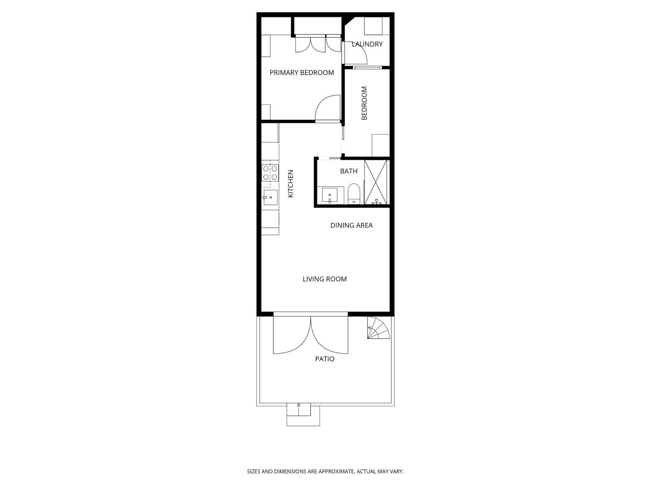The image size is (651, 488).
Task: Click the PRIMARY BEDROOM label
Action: [x=301, y=73]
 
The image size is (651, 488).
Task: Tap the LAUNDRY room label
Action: [x=367, y=44]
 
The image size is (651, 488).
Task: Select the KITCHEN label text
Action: [x=291, y=184]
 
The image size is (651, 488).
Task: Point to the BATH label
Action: [x=349, y=171]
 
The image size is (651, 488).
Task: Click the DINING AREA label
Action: [x=352, y=225]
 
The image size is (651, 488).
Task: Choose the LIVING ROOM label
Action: [x=325, y=279]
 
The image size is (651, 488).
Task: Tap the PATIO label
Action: [x=325, y=359]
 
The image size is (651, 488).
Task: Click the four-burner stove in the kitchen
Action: [x=270, y=173]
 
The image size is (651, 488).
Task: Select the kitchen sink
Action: [x=270, y=197]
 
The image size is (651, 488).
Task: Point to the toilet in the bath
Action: [x=354, y=194]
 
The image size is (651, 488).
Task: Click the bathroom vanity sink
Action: [x=330, y=196]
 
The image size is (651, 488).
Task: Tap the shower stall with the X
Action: [x=376, y=182]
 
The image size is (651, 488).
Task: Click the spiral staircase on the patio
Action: [x=378, y=328]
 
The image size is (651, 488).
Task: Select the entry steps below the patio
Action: [x=303, y=414]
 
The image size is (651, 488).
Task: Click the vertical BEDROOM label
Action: [x=365, y=103]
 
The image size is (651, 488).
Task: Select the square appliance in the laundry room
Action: [x=373, y=26]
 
